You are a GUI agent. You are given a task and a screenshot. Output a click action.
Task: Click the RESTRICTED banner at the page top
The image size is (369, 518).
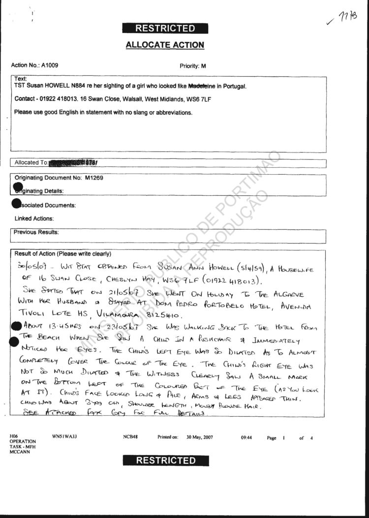[165, 29]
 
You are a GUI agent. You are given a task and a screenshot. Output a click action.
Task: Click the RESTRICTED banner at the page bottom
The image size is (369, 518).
[165, 460]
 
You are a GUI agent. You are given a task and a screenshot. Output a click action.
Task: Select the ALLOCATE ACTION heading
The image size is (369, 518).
[165, 45]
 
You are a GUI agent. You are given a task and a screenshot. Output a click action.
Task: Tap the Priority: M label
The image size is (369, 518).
[193, 65]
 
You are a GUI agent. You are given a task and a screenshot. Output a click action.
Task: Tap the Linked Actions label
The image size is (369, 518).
[34, 218]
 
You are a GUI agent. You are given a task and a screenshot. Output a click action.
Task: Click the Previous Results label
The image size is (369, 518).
[36, 232]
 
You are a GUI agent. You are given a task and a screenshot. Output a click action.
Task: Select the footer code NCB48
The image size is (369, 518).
[130, 437]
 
